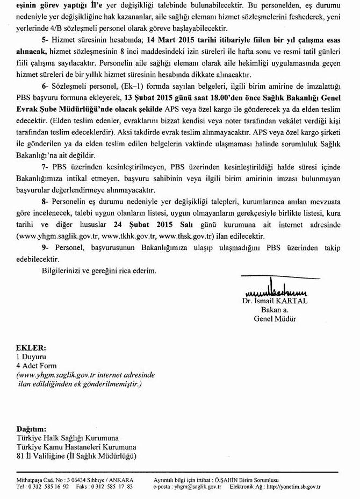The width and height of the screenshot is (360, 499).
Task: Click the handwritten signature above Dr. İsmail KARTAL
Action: (x=276, y=291)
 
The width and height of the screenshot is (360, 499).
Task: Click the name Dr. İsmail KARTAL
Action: (x=275, y=301)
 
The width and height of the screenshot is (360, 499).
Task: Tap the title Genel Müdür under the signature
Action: (x=275, y=319)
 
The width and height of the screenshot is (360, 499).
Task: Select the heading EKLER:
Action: (x=31, y=348)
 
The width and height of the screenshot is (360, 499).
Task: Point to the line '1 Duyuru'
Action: (x=31, y=356)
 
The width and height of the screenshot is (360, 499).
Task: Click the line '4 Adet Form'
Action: (x=36, y=365)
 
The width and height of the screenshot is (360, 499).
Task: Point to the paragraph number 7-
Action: (x=46, y=167)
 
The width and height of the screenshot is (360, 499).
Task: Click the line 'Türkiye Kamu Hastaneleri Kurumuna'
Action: (x=76, y=447)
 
